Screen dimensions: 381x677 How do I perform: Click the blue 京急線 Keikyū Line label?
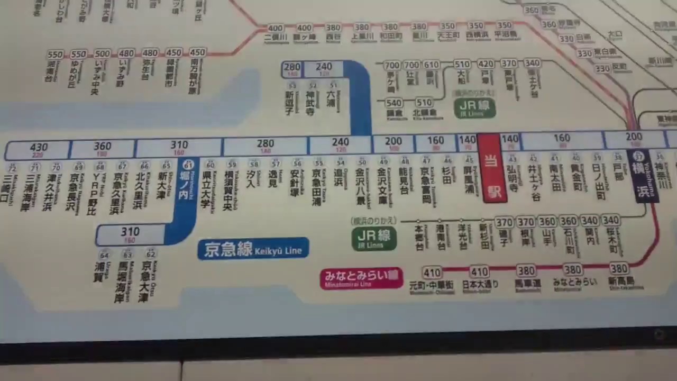[x=253, y=249]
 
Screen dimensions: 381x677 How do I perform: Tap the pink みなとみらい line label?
[x=361, y=278]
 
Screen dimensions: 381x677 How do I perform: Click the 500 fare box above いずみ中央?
[x=102, y=54]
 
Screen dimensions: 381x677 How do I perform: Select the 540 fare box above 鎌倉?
[x=394, y=103]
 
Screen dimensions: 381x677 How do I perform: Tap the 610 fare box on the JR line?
[x=431, y=65]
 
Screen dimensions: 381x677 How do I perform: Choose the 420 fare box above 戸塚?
[x=486, y=64]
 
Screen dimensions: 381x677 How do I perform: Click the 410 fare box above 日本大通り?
[x=479, y=272]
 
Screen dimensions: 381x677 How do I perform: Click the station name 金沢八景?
[x=361, y=186]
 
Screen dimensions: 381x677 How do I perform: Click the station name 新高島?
[x=621, y=281]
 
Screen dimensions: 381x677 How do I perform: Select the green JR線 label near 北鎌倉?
[x=474, y=107]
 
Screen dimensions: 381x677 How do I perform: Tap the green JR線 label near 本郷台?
[x=373, y=238]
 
